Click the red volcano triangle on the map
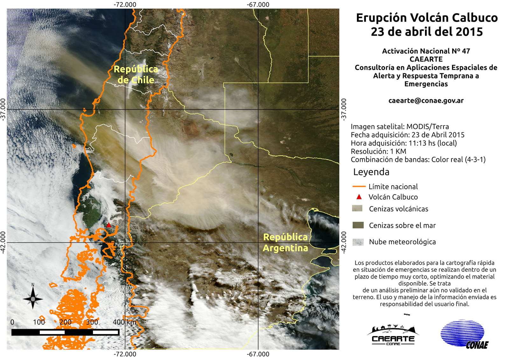108,225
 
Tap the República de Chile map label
136,74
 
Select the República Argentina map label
285,243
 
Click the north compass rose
33,298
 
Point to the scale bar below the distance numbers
65,332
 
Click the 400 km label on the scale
124,322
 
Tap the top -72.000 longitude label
125,4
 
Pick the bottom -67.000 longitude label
258,354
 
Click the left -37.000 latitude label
3,109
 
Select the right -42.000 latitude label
343,242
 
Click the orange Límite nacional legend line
359,187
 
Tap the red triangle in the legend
359,197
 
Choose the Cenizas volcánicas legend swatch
357,208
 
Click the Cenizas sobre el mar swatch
358,225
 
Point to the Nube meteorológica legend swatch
358,242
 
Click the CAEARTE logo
393,335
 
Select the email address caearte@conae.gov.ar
426,101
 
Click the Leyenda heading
371,172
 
